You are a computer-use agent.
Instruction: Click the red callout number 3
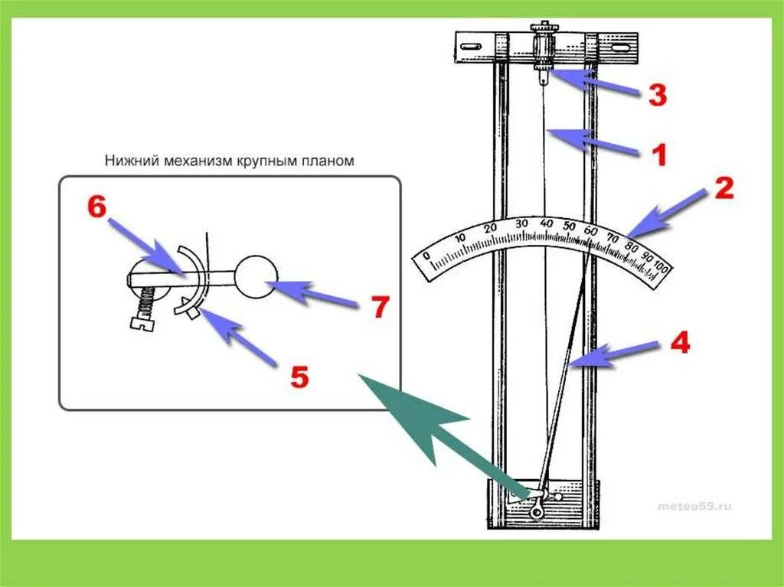(657, 95)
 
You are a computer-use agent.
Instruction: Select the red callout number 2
(723, 188)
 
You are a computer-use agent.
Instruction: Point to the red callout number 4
(679, 344)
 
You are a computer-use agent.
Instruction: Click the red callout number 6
(96, 207)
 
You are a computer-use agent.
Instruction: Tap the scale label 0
(426, 255)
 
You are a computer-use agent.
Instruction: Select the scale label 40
(546, 222)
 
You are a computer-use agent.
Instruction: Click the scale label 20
(492, 228)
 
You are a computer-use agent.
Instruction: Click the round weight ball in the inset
(256, 276)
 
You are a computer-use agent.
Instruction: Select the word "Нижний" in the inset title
(126, 161)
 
